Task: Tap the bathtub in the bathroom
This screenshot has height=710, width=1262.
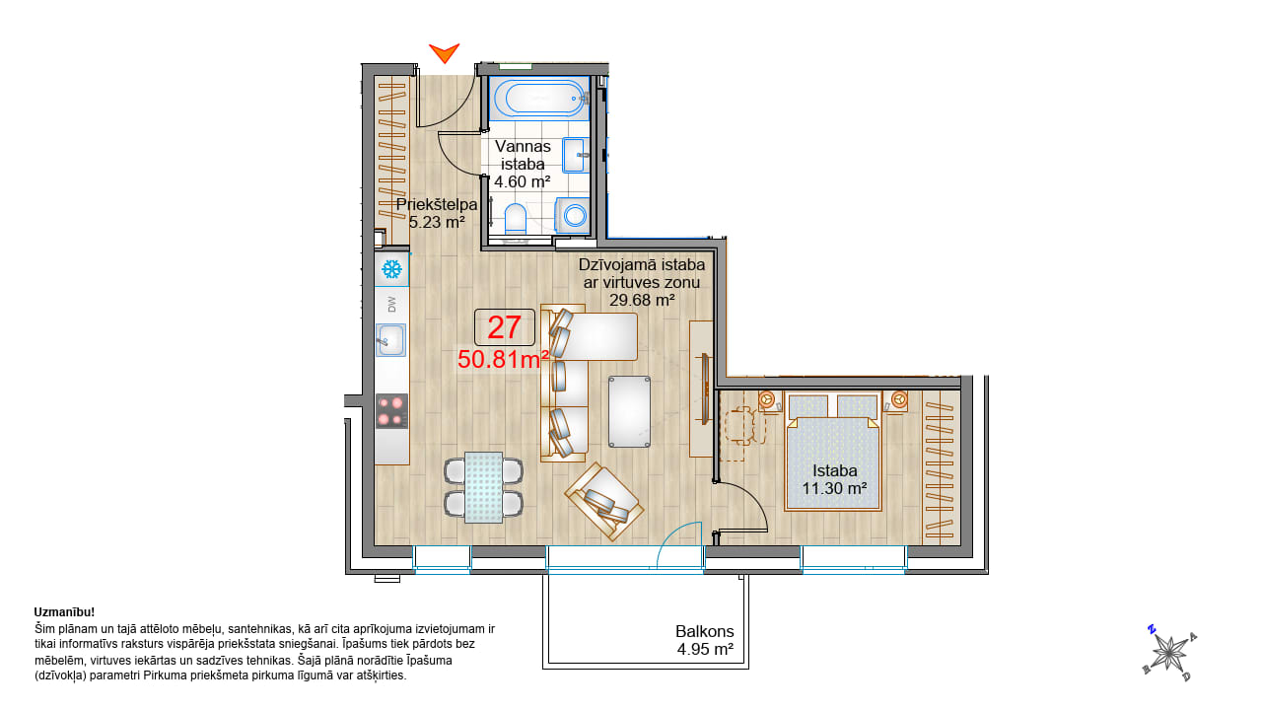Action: pyautogui.click(x=539, y=98)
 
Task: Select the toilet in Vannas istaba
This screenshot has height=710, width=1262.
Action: pyautogui.click(x=515, y=219)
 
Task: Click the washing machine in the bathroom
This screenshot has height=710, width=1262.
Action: pyautogui.click(x=573, y=215)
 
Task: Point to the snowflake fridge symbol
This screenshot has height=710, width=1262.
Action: pyautogui.click(x=391, y=269)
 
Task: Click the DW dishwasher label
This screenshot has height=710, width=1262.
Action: pyautogui.click(x=392, y=305)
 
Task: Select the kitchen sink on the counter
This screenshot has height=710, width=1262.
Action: pyautogui.click(x=390, y=340)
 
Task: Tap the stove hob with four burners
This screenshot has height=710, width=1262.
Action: pyautogui.click(x=391, y=411)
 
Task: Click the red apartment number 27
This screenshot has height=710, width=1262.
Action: pyautogui.click(x=504, y=327)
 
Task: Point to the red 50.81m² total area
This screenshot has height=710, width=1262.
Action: pyautogui.click(x=503, y=360)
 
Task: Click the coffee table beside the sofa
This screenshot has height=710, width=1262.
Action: pyautogui.click(x=629, y=412)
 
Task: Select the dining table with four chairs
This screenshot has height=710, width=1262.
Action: pyautogui.click(x=483, y=487)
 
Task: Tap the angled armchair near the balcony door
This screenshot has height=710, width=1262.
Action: pyautogui.click(x=604, y=502)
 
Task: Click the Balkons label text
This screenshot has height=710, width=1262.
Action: pyautogui.click(x=705, y=631)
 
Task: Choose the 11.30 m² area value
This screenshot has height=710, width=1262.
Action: pyautogui.click(x=834, y=488)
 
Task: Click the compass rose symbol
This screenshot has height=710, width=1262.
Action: pyautogui.click(x=1169, y=653)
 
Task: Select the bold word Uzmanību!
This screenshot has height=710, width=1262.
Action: pyautogui.click(x=64, y=612)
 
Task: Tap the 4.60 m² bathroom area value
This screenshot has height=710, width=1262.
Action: pyautogui.click(x=523, y=182)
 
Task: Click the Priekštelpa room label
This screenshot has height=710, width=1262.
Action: pyautogui.click(x=437, y=204)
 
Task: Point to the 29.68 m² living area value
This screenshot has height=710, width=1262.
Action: pyautogui.click(x=642, y=301)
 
